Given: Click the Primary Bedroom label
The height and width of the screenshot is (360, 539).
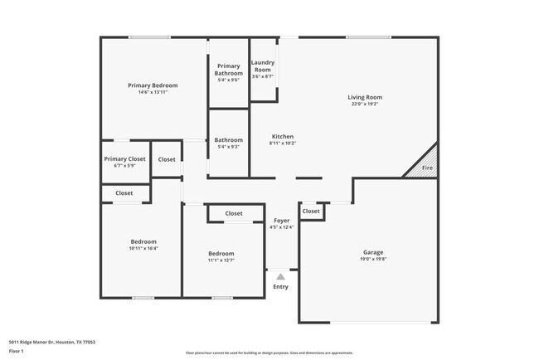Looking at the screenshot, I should point(153,85).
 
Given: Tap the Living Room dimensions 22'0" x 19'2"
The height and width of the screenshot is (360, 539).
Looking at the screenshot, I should point(364,105).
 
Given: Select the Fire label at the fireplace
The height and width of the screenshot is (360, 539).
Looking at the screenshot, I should point(427,168).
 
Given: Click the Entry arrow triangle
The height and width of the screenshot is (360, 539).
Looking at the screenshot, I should point(281,276).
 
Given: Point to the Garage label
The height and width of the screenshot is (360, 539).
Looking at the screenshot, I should point(373,252).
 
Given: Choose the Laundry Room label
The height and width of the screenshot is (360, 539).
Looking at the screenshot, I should point(263,66).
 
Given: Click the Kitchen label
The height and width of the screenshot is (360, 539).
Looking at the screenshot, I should point(283,137).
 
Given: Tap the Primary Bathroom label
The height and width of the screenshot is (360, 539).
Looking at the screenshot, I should point(228,70).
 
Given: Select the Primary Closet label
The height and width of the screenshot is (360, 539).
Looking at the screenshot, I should point(124,158).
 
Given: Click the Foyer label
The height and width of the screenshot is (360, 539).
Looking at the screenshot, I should point(281,221).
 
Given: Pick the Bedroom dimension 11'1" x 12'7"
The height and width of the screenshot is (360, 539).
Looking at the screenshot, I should point(221,260).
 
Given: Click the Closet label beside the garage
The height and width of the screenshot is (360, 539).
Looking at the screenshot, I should point(311,212).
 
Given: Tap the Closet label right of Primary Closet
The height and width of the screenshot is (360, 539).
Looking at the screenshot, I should point(167,159).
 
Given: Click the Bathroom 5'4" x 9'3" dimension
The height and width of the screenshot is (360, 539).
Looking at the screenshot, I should point(229,147).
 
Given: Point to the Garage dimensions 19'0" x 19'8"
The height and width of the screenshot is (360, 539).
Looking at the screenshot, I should point(373,259).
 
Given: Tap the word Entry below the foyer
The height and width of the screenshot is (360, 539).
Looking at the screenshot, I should point(281,287).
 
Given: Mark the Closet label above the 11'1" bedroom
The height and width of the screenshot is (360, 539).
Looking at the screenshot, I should point(234,213).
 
